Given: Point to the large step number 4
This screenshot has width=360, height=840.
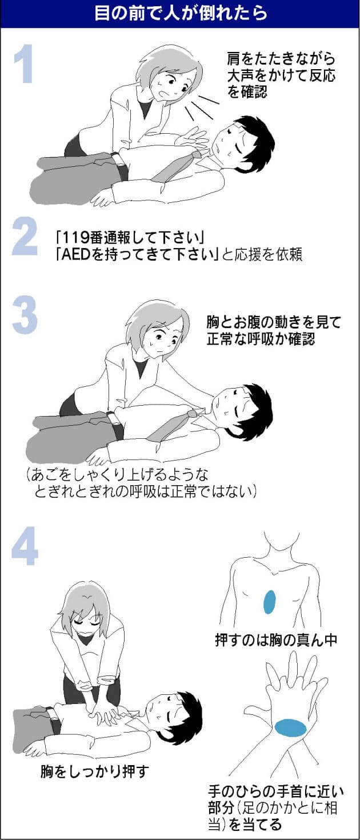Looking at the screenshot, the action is click(x=25, y=546).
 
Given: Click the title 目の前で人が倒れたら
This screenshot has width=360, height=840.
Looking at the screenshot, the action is click(x=180, y=13).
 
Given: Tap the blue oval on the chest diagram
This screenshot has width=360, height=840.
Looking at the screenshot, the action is click(x=270, y=602).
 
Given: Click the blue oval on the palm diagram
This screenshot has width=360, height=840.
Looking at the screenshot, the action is click(x=291, y=728).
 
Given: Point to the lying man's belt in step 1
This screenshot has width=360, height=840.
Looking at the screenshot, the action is click(x=121, y=167).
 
